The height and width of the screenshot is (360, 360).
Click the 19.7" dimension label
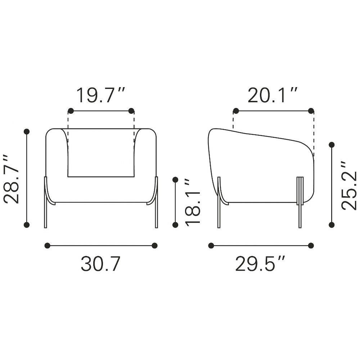coord(101,95)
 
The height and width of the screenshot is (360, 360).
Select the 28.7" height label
coord(12,179)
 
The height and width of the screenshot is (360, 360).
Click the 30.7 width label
coord(100,264)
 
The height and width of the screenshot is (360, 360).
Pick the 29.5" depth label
coord(260,264)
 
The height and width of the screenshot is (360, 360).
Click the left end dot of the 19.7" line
coord(71,111)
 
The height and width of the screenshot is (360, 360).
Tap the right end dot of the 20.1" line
coord(311,111)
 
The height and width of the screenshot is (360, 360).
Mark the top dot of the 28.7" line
coord(27,131)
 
